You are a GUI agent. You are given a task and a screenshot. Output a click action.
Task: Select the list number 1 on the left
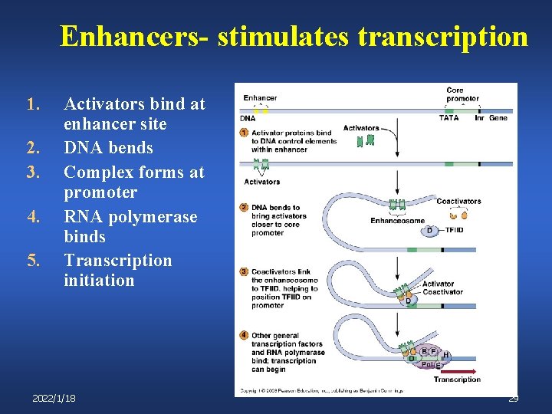coord(31,103)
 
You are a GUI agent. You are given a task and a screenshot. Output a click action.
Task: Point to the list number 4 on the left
coord(31,217)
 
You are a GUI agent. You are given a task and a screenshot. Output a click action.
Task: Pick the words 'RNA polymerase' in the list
coord(130,217)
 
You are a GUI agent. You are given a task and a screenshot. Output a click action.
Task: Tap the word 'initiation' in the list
coord(99,281)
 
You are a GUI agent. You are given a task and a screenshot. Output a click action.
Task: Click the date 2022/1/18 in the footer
coord(54,399)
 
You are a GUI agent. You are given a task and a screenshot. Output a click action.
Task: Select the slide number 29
coord(514,399)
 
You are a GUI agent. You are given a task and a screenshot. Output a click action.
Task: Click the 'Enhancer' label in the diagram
coord(260,98)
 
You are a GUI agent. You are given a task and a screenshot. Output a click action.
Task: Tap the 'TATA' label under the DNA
coord(449,117)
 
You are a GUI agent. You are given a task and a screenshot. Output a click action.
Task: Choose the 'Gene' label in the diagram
coord(498,117)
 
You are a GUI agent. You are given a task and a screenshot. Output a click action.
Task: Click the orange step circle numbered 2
coord(244,207)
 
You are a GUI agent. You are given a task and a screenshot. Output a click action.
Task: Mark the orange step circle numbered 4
coord(244,335)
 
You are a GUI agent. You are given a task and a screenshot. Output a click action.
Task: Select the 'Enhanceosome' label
coord(397,221)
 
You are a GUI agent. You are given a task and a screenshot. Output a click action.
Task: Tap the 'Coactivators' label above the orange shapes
coord(458,202)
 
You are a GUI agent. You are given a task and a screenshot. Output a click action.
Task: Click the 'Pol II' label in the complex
coord(427,365)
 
